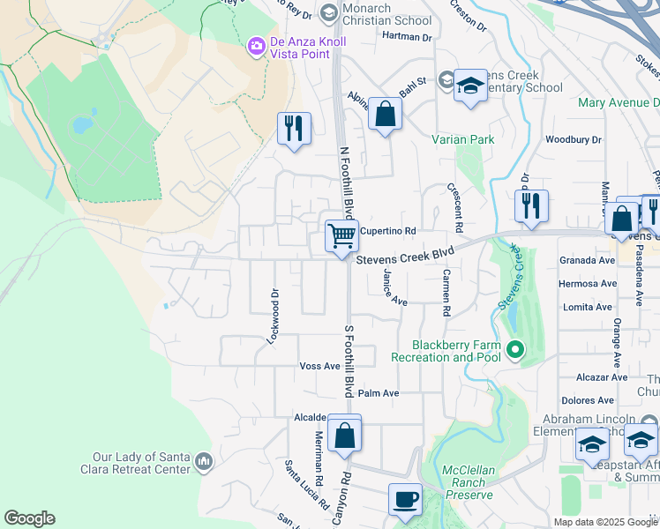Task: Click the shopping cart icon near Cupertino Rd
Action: pos(341,235)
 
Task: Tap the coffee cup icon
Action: pos(405,500)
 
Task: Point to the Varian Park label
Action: pos(463,139)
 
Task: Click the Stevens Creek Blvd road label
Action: pos(410,256)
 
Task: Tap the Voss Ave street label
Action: pos(319,366)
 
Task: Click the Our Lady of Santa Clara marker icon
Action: pos(204,461)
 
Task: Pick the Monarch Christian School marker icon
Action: pos(329,11)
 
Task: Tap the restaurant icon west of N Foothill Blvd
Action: pos(293,129)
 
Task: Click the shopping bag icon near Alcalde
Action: pos(344,435)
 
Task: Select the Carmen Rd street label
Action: pos(446,294)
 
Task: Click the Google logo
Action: pos(29,518)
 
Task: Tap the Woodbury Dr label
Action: pos(573,139)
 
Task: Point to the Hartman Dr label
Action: pos(407,36)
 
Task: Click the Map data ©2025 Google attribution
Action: pos(605,522)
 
